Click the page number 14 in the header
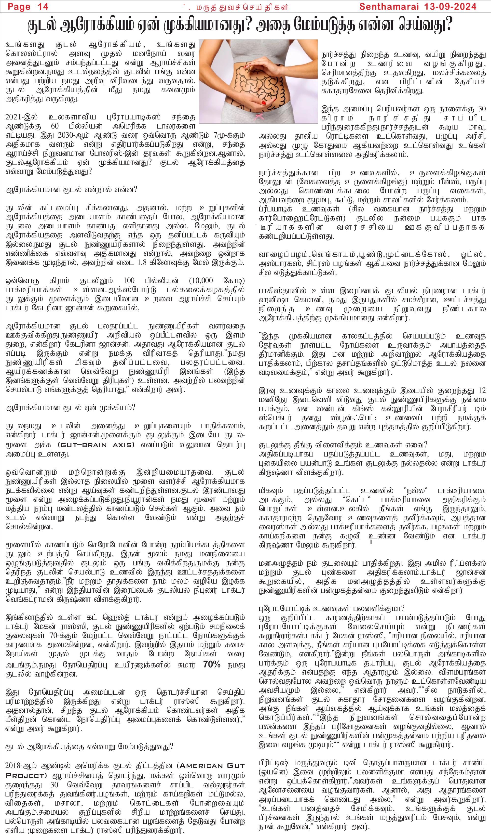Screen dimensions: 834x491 point(43,6)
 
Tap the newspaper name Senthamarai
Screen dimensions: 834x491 point(389,6)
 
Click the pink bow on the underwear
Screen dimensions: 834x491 point(259,116)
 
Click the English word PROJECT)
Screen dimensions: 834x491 point(26,775)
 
